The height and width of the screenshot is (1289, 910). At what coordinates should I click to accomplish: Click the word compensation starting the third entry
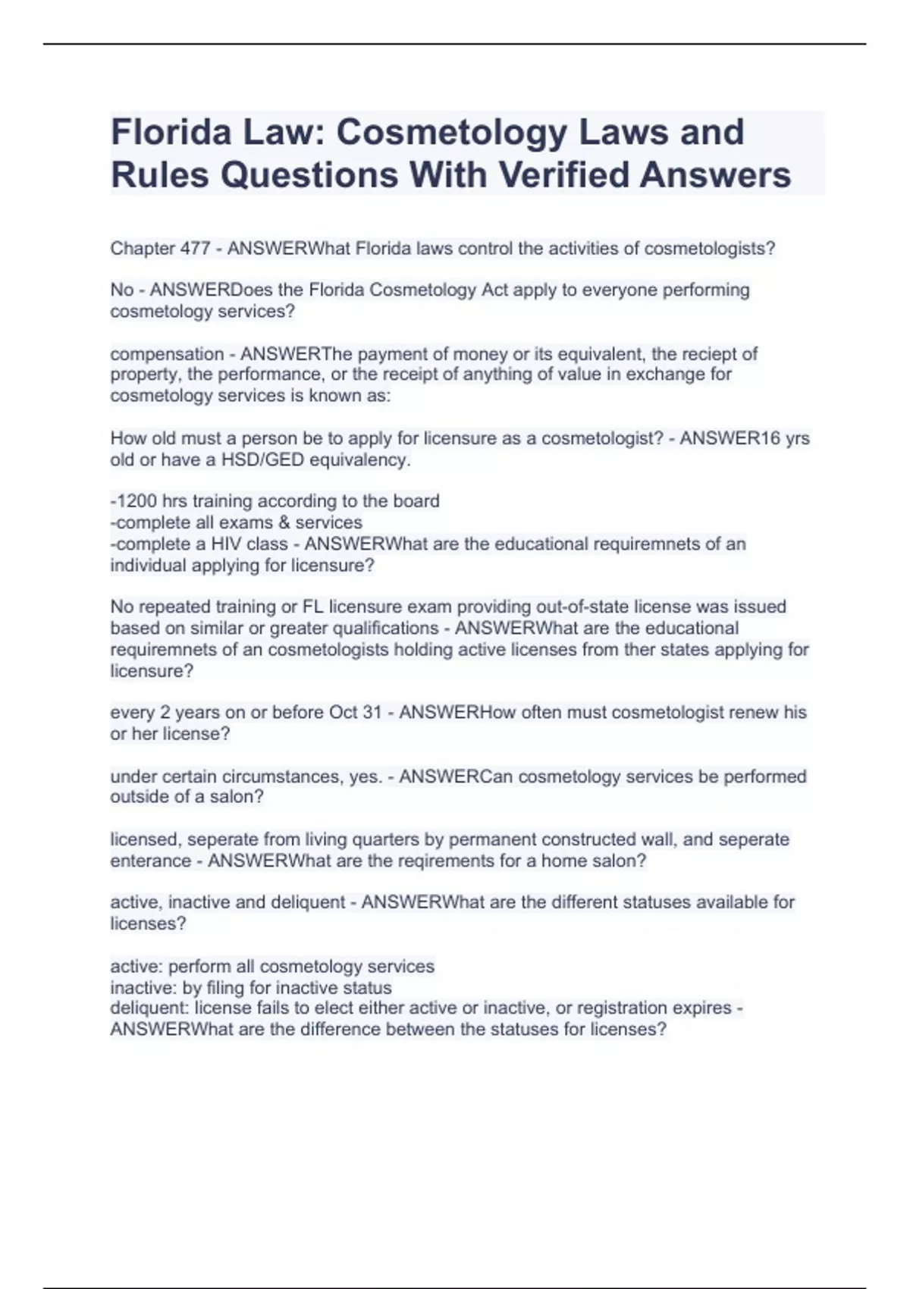[156, 354]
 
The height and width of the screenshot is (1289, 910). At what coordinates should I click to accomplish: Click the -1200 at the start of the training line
[132, 501]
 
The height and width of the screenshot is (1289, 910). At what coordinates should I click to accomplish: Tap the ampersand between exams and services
[284, 522]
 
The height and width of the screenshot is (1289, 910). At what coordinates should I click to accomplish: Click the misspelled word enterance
[151, 861]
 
